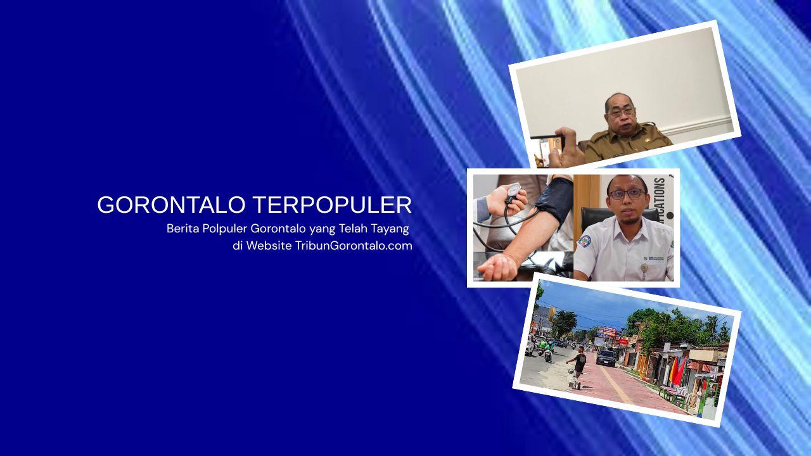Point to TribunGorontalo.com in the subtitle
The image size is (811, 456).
point(354,246)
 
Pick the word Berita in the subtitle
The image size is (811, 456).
point(182,228)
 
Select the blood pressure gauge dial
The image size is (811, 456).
point(512,192)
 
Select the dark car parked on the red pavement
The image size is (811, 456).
point(606,358)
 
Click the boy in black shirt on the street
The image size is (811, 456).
point(578,364)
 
